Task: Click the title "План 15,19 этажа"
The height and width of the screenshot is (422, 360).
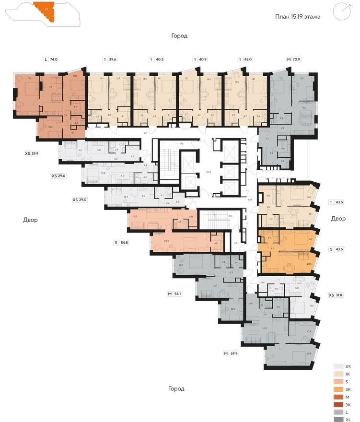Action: tap(297, 16)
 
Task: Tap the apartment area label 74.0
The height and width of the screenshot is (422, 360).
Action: tap(53, 59)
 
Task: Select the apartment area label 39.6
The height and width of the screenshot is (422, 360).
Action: tap(113, 59)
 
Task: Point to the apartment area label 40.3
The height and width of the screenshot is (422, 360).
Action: tap(159, 59)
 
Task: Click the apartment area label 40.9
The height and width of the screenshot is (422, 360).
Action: tap(203, 59)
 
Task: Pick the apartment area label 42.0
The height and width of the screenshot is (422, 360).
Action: tap(248, 59)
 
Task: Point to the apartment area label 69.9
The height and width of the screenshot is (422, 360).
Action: tap(234, 353)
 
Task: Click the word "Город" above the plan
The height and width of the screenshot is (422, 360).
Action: tap(179, 36)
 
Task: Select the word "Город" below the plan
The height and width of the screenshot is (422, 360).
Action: tap(176, 388)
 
